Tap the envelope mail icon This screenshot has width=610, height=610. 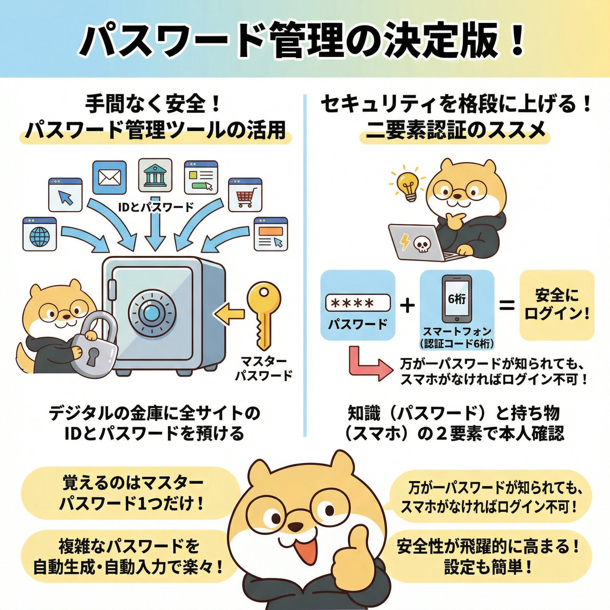[110, 177]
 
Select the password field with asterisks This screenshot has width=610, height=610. [358, 303]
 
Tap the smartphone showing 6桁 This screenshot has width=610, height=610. [457, 299]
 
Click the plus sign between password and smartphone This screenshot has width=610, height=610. [408, 306]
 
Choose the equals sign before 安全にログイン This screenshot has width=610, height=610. [507, 306]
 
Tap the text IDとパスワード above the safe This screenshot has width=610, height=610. [156, 207]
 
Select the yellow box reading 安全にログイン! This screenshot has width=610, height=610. [557, 305]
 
